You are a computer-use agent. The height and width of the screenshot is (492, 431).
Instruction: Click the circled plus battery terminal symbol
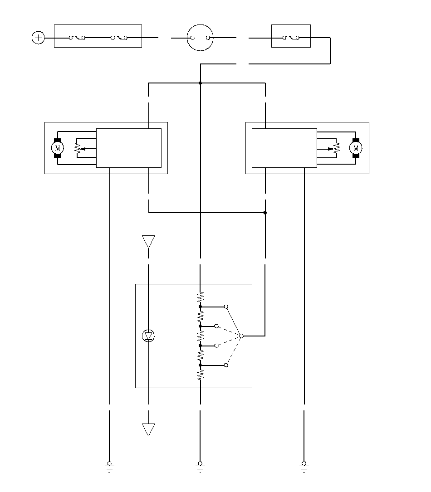point(38,38)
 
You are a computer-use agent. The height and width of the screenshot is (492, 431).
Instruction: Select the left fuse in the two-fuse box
point(77,38)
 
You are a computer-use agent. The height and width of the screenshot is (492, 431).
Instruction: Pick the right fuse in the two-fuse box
point(119,38)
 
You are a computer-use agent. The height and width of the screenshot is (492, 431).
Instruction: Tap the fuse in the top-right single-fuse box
point(291,38)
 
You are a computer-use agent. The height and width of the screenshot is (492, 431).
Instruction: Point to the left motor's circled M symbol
point(58,148)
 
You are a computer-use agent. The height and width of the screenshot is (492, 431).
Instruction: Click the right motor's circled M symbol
point(356,148)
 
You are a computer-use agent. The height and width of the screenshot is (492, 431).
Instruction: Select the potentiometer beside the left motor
point(77,148)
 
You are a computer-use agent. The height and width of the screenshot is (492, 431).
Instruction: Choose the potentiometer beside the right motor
point(337,148)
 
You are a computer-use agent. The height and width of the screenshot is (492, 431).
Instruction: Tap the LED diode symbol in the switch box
point(148,336)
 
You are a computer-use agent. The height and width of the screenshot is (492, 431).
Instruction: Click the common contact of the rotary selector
point(241,336)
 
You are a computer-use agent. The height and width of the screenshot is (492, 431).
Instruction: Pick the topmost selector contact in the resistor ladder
point(226,307)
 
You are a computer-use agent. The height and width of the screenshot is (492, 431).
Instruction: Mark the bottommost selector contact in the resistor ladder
point(226,365)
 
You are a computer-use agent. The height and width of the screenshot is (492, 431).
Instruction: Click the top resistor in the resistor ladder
point(200,297)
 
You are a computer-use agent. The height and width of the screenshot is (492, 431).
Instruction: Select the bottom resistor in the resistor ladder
point(200,375)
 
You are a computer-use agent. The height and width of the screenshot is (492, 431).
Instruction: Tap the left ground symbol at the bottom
point(109,467)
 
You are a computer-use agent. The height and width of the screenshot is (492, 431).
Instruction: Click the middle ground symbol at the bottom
point(200,467)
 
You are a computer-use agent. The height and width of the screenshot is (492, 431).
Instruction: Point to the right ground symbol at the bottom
point(304,467)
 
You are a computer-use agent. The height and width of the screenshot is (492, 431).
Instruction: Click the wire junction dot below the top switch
point(200,83)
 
